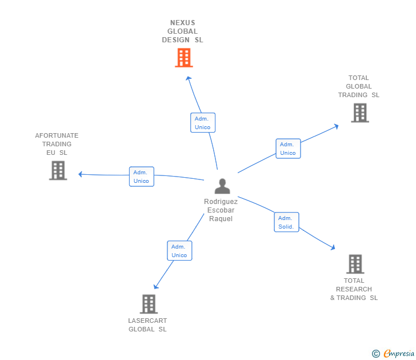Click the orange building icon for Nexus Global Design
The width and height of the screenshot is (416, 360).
pos(183,58)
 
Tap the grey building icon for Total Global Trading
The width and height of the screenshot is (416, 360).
pos(359,113)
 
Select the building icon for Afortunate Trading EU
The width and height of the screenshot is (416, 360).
pos(58,170)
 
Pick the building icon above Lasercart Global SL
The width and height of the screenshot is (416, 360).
pos(149,304)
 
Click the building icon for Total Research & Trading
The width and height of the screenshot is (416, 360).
pos(355,264)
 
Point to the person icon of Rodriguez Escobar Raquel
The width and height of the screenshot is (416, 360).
pos(222,186)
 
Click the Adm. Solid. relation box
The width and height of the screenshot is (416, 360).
pos(286,222)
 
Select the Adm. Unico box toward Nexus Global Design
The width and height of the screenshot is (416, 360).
pos(202,123)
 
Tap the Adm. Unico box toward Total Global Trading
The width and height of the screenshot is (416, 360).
pos(288,149)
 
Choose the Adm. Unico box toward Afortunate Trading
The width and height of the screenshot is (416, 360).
pos(141,177)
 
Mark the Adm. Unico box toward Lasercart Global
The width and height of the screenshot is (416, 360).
pos(179,251)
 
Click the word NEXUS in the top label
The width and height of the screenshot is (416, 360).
pos(182,23)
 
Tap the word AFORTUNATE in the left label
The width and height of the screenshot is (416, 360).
pos(57,135)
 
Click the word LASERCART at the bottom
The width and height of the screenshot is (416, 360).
pos(147,321)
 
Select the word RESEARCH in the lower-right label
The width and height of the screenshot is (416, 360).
pos(354,289)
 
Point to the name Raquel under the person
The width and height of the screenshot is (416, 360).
pos(221,219)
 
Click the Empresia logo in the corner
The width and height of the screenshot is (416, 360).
pos(398,354)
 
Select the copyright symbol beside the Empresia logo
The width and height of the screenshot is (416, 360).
pos(376,354)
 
